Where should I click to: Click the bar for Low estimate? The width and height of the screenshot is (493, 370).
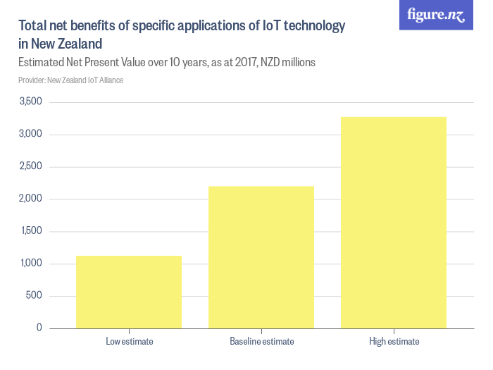tap(129, 292)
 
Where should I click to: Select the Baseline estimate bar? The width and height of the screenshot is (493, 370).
tap(261, 257)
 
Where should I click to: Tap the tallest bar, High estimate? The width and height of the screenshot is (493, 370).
tap(394, 222)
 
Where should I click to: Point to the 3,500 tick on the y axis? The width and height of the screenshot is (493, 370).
tap(32, 102)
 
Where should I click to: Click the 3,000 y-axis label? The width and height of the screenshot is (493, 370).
tap(32, 135)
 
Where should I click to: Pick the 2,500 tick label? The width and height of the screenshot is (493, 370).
tap(32, 167)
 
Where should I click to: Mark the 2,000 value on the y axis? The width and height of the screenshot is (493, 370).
tap(32, 199)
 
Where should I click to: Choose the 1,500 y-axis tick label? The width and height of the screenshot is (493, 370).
tap(32, 231)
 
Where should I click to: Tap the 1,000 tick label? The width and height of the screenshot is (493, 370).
tap(32, 264)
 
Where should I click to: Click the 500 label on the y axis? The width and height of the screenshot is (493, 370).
tap(35, 296)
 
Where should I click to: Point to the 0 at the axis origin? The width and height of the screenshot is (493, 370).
tap(39, 328)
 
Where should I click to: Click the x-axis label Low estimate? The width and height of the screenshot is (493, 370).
tap(129, 342)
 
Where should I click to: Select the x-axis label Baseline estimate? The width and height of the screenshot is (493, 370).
tap(261, 342)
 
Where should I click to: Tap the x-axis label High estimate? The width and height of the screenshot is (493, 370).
tap(394, 342)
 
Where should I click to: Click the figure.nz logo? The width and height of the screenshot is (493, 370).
tap(437, 16)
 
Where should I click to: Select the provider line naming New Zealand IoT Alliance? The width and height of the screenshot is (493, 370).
tap(71, 80)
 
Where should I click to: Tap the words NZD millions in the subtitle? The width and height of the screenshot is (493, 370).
tap(287, 62)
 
